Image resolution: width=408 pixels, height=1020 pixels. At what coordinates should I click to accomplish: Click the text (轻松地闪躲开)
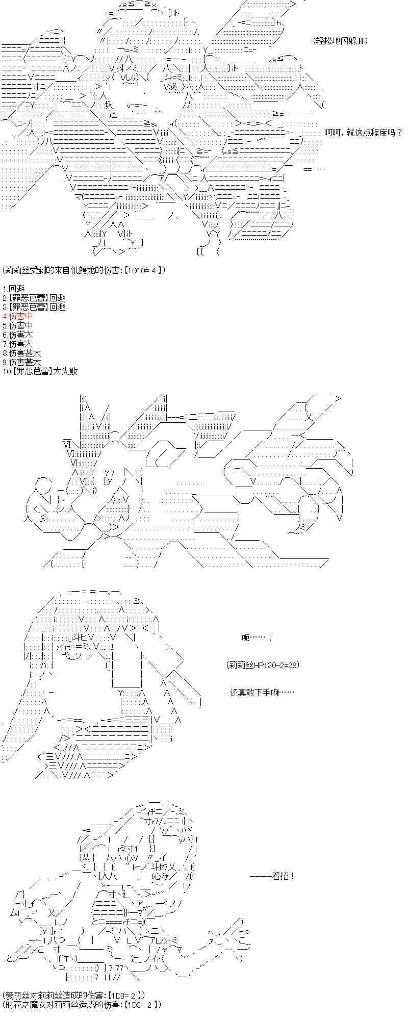click(x=340, y=41)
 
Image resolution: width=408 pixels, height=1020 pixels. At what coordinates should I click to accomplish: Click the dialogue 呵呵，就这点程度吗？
click(x=363, y=133)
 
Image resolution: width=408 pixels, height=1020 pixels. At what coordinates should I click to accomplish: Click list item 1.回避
click(x=14, y=289)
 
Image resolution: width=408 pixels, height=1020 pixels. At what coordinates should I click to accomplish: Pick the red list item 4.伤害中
click(x=17, y=316)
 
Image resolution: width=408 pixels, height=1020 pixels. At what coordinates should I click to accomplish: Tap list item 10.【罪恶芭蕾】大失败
click(x=40, y=371)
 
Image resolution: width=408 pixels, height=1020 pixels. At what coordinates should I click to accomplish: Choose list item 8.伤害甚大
click(x=21, y=353)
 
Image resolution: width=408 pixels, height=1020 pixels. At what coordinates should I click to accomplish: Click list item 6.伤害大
click(x=17, y=335)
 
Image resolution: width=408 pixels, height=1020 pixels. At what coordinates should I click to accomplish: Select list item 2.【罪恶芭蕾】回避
click(x=34, y=298)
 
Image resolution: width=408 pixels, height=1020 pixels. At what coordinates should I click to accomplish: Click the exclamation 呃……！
click(x=257, y=637)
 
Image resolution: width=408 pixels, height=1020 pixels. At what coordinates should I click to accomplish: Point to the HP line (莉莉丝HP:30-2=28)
click(x=263, y=665)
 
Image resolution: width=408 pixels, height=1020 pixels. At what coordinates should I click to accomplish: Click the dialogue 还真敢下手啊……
click(x=262, y=693)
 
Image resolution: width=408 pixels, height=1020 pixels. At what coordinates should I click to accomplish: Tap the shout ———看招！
click(x=272, y=876)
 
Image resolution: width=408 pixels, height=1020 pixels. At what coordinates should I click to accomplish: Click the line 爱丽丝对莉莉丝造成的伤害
click(x=74, y=996)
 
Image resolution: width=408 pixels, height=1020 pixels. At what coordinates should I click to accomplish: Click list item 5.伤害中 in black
click(x=17, y=325)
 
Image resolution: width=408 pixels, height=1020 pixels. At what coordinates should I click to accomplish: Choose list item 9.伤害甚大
click(x=21, y=362)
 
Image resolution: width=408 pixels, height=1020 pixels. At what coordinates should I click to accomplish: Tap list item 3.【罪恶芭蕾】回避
click(x=34, y=307)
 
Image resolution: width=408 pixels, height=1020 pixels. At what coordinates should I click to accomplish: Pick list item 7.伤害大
click(x=17, y=344)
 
